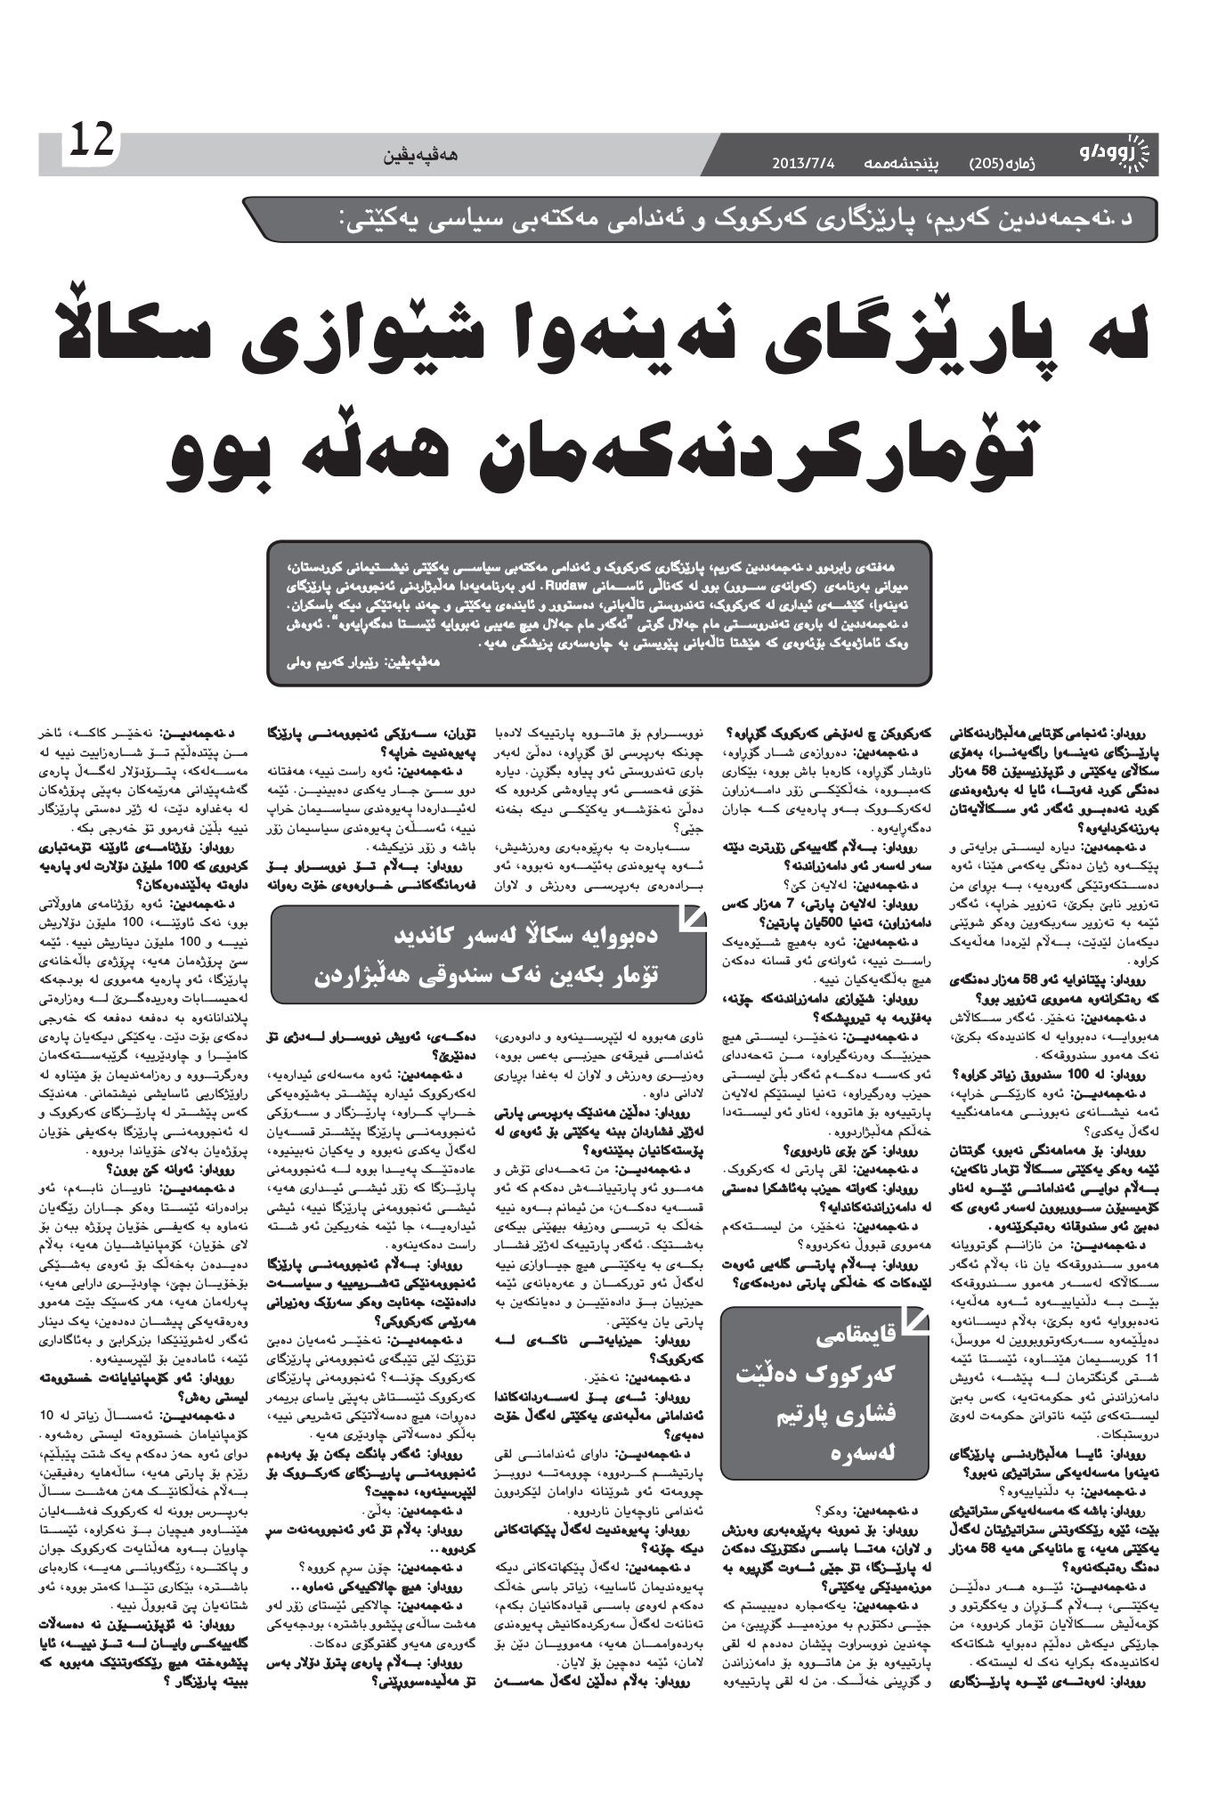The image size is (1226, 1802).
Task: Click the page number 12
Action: (x=89, y=142)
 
